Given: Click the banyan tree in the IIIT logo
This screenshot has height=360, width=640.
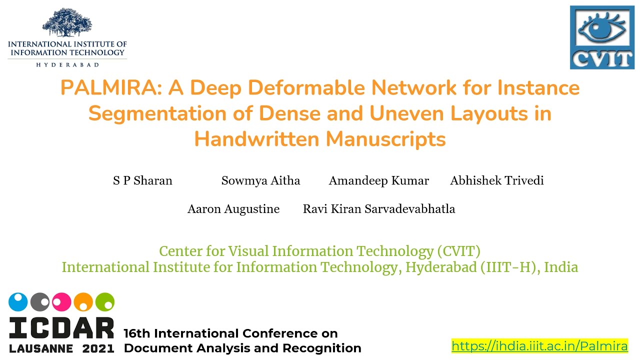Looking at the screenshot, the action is [67, 22].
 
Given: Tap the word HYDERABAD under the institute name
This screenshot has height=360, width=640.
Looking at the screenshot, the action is [67, 65].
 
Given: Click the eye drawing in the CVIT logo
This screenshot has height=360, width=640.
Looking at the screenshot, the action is [602, 28].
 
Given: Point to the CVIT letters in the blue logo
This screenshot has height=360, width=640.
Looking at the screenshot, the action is [602, 59].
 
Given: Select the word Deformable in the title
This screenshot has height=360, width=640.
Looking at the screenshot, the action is [306, 87].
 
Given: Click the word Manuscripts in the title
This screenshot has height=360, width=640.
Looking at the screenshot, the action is [385, 139].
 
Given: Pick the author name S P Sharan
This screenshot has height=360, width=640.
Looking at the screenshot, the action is [142, 180].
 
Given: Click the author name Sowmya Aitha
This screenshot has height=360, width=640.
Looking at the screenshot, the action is [260, 180].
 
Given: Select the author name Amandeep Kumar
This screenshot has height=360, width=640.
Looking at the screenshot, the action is [379, 180].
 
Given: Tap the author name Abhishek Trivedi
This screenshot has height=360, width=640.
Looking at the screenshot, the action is [497, 180].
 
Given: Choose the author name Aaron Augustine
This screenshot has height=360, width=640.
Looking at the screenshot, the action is [233, 209].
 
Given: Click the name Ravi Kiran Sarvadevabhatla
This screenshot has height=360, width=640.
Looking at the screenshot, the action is [379, 209].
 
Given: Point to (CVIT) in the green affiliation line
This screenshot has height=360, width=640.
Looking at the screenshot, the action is [459, 251].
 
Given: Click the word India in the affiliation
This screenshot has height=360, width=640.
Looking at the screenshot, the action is [561, 267].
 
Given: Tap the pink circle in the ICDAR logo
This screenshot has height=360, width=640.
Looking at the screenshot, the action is [61, 301].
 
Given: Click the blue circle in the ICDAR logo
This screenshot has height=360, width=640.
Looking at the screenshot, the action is [18, 301].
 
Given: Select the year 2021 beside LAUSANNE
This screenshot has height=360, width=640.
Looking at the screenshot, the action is [98, 348].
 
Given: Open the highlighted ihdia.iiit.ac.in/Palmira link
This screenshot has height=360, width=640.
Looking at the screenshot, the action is [539, 346].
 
